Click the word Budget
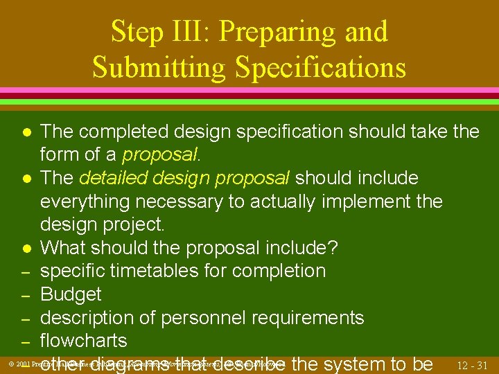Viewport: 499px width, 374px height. point(71,294)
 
